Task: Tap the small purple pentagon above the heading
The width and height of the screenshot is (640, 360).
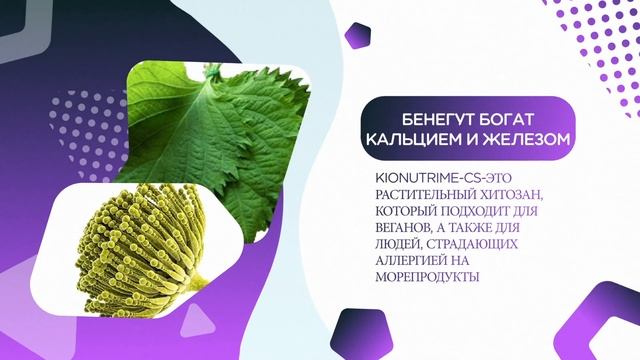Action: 357,36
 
